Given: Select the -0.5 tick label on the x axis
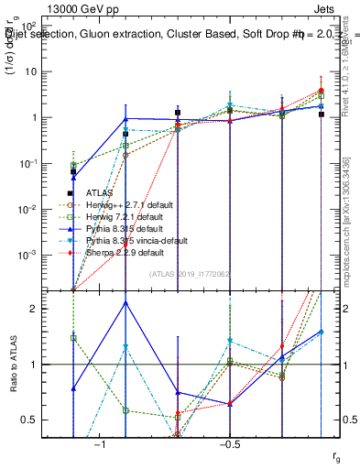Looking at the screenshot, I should point(229,443).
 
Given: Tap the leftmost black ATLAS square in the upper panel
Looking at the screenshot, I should point(73,172).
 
